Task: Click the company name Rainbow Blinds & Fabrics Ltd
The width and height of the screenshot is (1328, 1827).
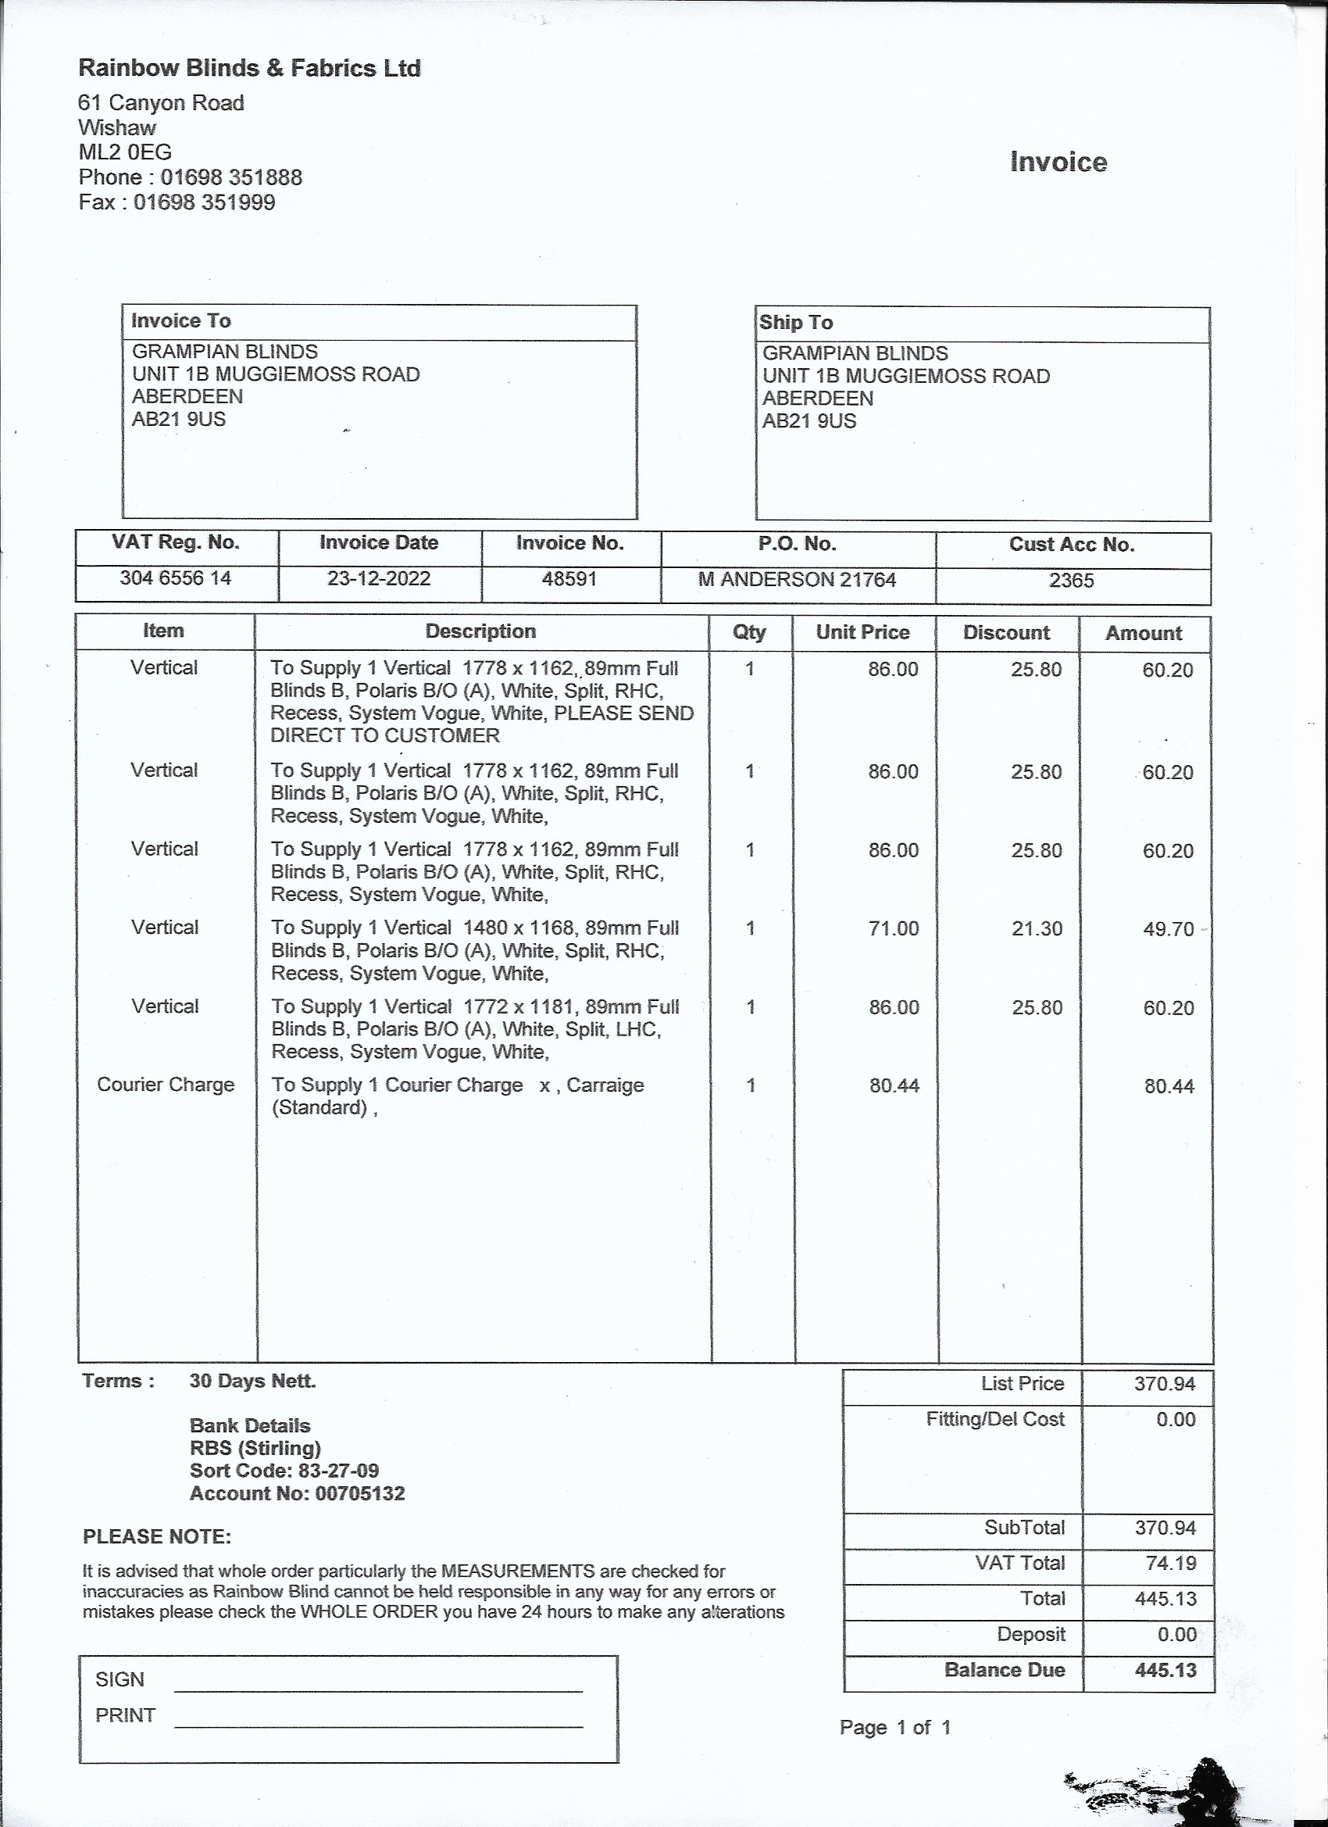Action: [x=249, y=69]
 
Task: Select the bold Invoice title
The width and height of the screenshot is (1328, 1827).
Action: [x=1058, y=162]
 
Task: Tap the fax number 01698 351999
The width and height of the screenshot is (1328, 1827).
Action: [x=205, y=202]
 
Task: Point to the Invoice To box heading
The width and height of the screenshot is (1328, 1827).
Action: [x=181, y=321]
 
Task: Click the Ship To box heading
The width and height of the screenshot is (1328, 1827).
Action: [x=796, y=323]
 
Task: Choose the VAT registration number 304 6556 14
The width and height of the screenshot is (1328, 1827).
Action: [x=176, y=578]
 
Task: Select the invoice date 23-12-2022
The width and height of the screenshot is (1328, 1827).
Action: [x=379, y=578]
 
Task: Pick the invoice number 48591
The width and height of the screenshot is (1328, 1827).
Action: [x=569, y=579]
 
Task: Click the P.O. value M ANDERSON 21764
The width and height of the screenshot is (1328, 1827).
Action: [x=797, y=580]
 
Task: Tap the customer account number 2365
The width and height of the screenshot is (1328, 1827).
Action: [x=1071, y=581]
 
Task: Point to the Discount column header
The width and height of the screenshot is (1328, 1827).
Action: [x=1006, y=632]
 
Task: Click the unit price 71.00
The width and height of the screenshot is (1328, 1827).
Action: [x=894, y=928]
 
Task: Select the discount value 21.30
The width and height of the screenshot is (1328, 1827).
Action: [x=1037, y=929]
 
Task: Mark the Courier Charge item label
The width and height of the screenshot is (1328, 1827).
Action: [x=166, y=1085]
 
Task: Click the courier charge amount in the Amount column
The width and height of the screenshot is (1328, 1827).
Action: [x=1169, y=1086]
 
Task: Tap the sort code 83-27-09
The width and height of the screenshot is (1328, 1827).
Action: [x=338, y=1470]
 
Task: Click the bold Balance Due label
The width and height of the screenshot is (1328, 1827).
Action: [x=1005, y=1670]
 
